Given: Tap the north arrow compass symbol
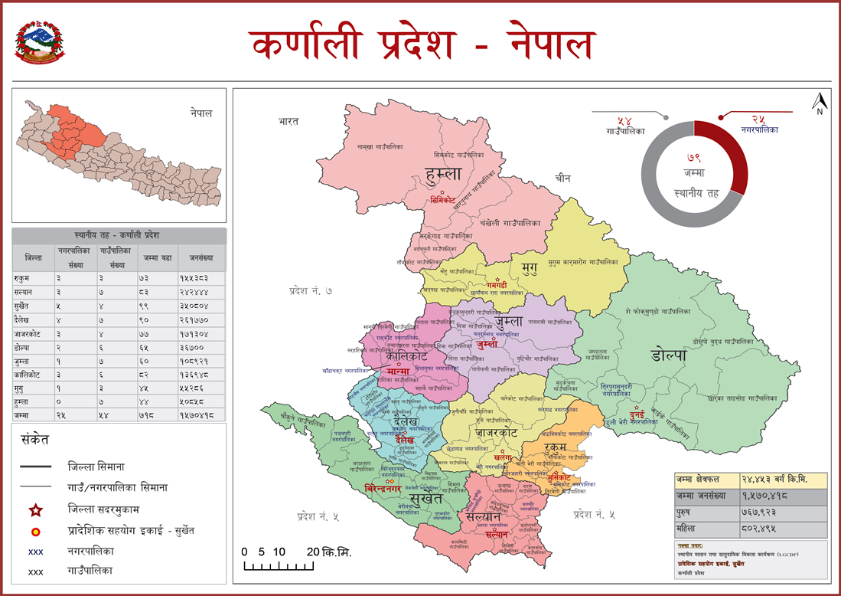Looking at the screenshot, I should [818, 103].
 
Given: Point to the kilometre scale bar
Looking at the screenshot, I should [277, 566].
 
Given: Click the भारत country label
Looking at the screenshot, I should [288, 121].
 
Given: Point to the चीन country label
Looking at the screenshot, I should [563, 178].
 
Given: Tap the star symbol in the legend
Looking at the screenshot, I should [34, 509].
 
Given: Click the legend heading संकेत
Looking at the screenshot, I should [36, 440].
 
